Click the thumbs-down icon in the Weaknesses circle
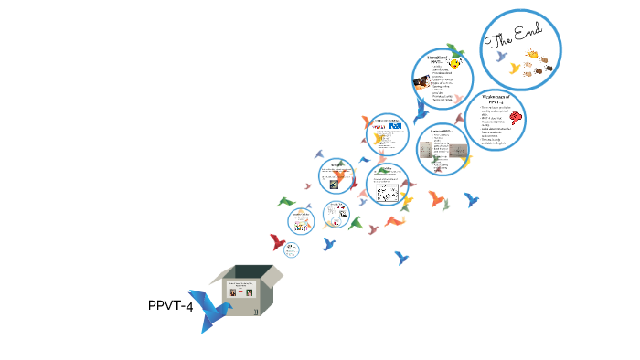pyautogui.click(x=518, y=118)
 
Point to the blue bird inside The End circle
pyautogui.click(x=501, y=58)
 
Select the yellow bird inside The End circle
pyautogui.click(x=517, y=69)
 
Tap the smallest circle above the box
pyautogui.click(x=292, y=249)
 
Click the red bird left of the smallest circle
pyautogui.click(x=277, y=242)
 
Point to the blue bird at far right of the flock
pyautogui.click(x=472, y=199)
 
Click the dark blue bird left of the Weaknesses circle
pyautogui.click(x=421, y=111)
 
